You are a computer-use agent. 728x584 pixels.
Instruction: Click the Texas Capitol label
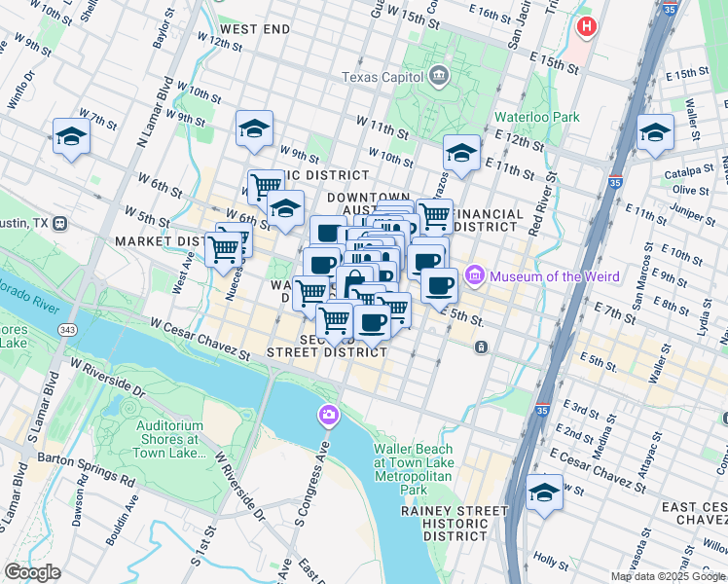pyautogui.click(x=382, y=77)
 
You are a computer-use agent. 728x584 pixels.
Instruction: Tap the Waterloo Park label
pyautogui.click(x=536, y=117)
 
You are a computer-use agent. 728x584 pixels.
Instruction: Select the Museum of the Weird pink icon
pyautogui.click(x=475, y=276)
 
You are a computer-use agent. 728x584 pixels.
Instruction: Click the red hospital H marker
pyautogui.click(x=586, y=25)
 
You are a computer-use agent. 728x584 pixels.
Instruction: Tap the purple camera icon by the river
pyautogui.click(x=329, y=416)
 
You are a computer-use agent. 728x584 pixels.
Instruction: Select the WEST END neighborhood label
pyautogui.click(x=254, y=29)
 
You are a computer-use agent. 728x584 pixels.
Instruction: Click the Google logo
pyautogui.click(x=32, y=572)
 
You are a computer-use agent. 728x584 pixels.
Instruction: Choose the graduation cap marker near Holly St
pyautogui.click(x=544, y=493)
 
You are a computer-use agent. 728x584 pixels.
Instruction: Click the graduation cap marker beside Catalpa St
pyautogui.click(x=655, y=132)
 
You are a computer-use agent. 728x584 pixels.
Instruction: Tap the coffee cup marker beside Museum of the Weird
pyautogui.click(x=440, y=285)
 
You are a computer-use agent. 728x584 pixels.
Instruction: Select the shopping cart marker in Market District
pyautogui.click(x=224, y=249)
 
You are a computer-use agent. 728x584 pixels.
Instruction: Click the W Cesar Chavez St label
pyautogui.click(x=200, y=341)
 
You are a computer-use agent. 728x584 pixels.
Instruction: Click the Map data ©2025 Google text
pyautogui.click(x=668, y=576)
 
